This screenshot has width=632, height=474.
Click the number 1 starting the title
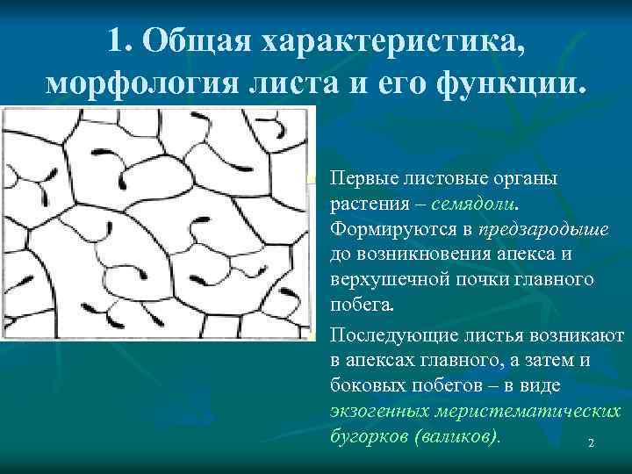[120, 39]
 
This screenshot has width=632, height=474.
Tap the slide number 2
[591, 445]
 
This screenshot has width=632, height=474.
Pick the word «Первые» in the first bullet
[363, 178]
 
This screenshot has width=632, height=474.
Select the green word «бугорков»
[368, 435]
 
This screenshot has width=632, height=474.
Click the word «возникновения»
[435, 255]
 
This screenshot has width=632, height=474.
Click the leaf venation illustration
[157, 223]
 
